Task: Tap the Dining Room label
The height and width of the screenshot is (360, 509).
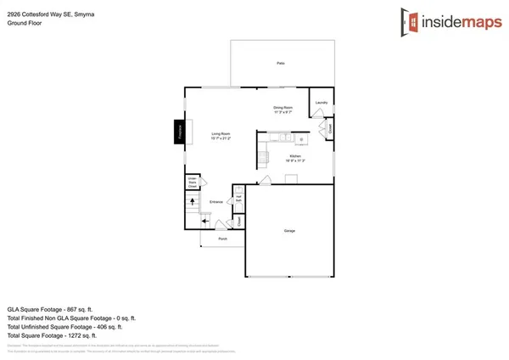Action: [x=282, y=108]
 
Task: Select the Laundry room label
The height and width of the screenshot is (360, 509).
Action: [x=321, y=103]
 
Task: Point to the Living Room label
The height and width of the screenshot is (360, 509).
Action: [x=221, y=135]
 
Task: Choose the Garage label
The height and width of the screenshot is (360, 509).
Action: [x=289, y=230]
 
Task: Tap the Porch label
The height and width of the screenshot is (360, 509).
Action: [x=223, y=239]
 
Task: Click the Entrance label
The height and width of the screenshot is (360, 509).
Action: [x=216, y=201]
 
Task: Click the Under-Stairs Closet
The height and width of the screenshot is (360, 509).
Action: [x=193, y=182]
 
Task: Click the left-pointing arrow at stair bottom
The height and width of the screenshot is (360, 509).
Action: [x=207, y=219]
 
